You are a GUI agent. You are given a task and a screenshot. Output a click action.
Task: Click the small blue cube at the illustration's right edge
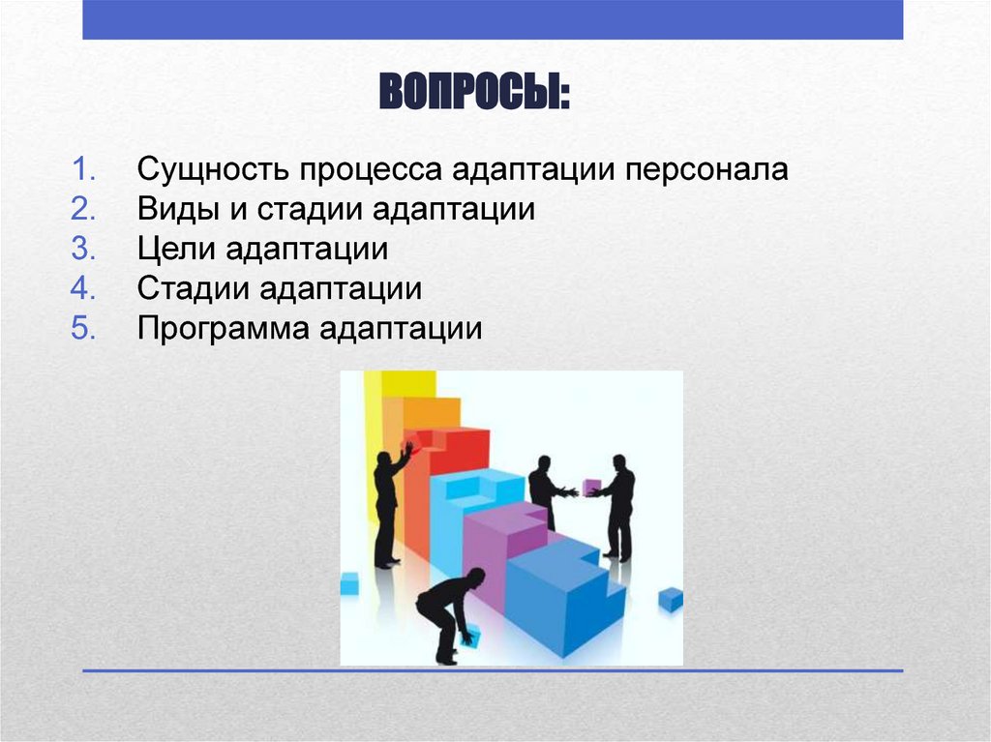click(x=671, y=599)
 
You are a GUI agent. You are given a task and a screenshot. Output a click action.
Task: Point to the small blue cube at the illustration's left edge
click(x=349, y=583)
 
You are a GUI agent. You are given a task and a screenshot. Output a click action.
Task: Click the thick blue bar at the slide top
click(x=493, y=19)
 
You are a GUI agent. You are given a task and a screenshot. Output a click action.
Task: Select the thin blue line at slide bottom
click(x=493, y=669)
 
